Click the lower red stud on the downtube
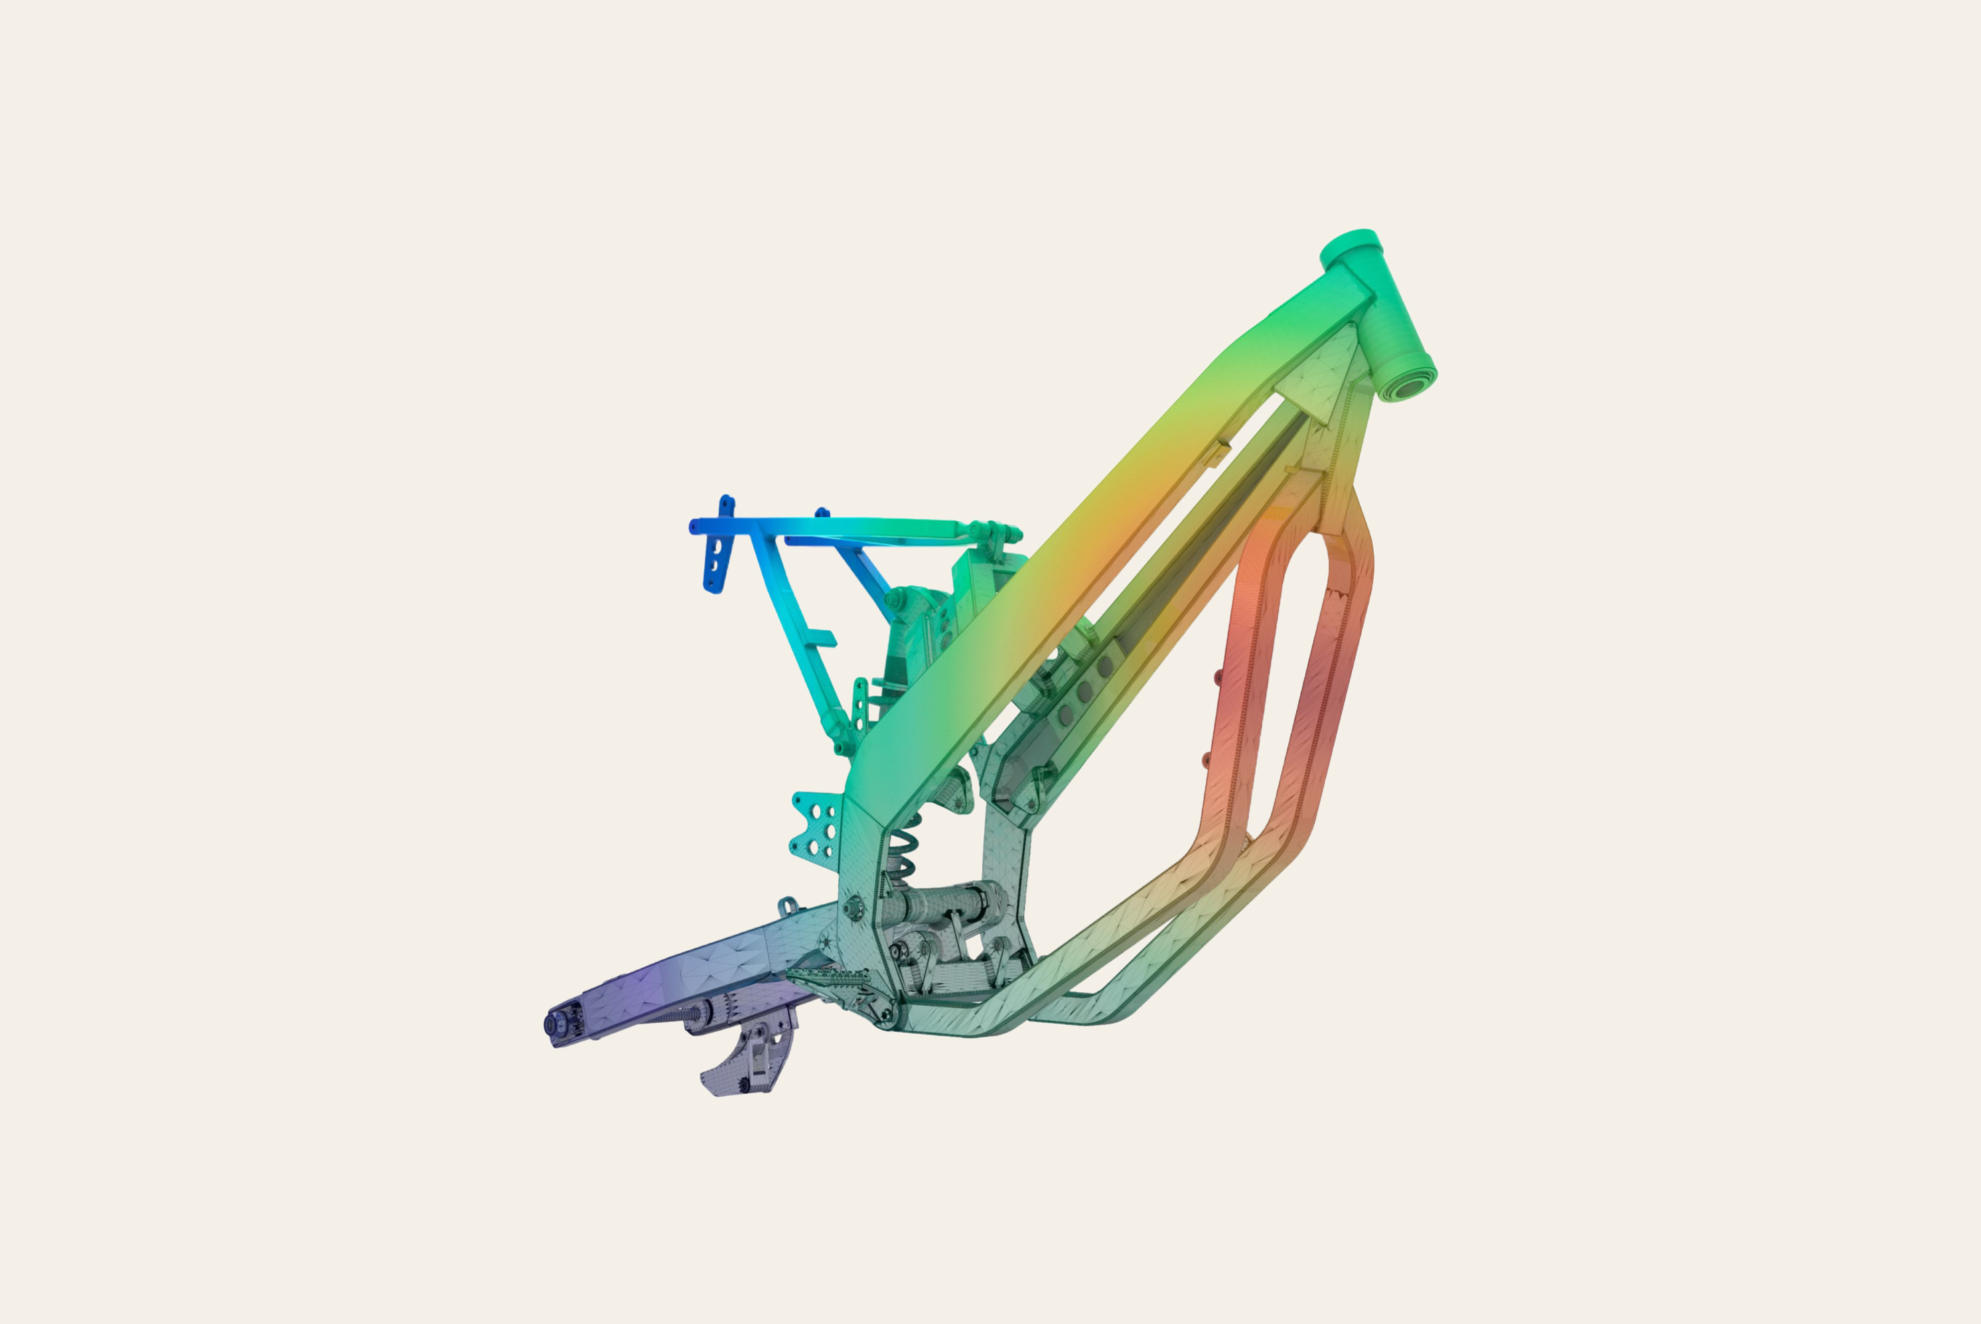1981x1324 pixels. [1205, 761]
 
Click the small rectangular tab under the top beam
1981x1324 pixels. [1216, 452]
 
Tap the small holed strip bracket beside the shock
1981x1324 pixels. [860, 706]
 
